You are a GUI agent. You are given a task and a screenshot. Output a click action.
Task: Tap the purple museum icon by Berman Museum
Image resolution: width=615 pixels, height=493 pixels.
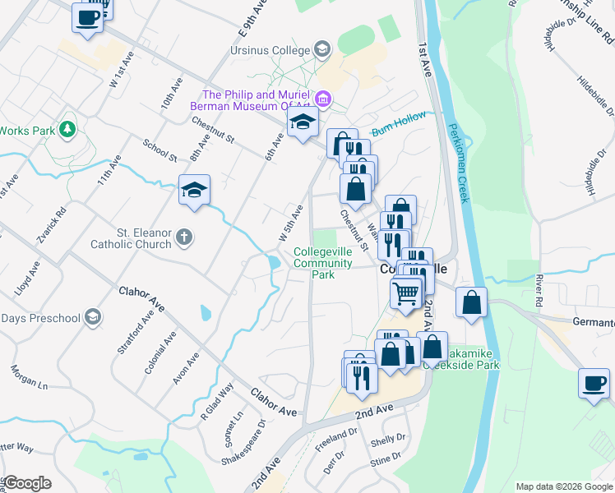pos(324,100)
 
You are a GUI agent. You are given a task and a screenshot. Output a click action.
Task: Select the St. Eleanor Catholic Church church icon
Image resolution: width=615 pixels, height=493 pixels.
pos(185,237)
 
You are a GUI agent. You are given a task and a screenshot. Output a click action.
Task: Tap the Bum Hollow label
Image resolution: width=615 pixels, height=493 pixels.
pos(399,124)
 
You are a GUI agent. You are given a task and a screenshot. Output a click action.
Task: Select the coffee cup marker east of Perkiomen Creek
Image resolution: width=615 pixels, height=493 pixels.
pos(594,382)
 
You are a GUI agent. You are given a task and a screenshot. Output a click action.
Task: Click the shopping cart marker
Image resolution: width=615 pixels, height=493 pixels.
pos(405,292)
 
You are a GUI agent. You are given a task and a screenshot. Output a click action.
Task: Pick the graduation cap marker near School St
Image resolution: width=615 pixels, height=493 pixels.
pos(195,191)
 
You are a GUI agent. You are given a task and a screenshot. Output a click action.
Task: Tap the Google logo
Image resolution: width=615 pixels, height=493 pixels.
pos(27,483)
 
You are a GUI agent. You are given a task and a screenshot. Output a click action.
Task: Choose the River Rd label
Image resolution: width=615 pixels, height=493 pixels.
pos(540,290)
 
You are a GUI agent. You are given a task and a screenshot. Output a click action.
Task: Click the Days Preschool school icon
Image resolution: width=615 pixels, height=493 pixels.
pos(93,317)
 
